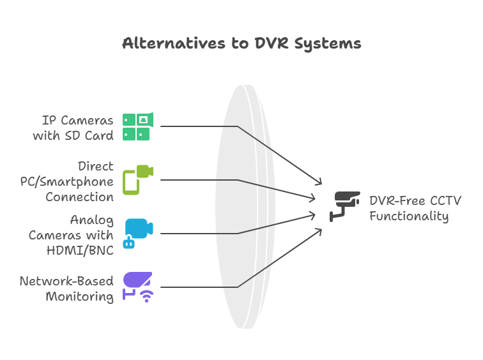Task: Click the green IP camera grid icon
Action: (x=136, y=126)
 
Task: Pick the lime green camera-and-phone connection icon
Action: (x=138, y=179)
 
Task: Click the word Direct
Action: (x=96, y=167)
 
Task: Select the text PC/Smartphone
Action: (x=66, y=181)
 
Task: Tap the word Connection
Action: (x=79, y=197)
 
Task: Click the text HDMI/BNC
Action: (x=80, y=250)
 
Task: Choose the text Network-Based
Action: (x=66, y=281)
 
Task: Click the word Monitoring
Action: (x=79, y=296)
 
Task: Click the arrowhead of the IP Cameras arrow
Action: (x=319, y=182)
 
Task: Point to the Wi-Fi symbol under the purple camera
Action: (x=147, y=296)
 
